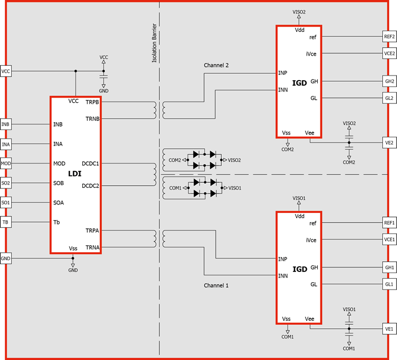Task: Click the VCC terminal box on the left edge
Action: (x=6, y=71)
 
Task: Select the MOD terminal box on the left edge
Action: (x=6, y=164)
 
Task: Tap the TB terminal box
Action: (x=6, y=222)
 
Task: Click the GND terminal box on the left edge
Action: (x=6, y=258)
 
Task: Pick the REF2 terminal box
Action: (x=390, y=36)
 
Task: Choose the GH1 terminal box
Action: (x=390, y=267)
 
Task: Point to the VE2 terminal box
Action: (x=390, y=143)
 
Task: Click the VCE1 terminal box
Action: (x=390, y=240)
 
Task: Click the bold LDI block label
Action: (x=75, y=174)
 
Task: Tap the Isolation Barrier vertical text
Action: (x=154, y=43)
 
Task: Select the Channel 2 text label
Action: (x=216, y=65)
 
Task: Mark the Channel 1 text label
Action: (x=216, y=286)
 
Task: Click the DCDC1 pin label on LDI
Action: (x=90, y=164)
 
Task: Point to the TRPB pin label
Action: (x=92, y=102)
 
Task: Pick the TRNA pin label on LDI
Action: (x=92, y=248)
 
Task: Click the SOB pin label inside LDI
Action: (x=58, y=183)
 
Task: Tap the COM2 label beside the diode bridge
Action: (x=175, y=160)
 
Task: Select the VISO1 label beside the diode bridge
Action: (x=235, y=188)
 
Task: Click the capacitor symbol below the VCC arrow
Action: (x=104, y=76)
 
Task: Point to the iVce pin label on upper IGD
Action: (x=311, y=54)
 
